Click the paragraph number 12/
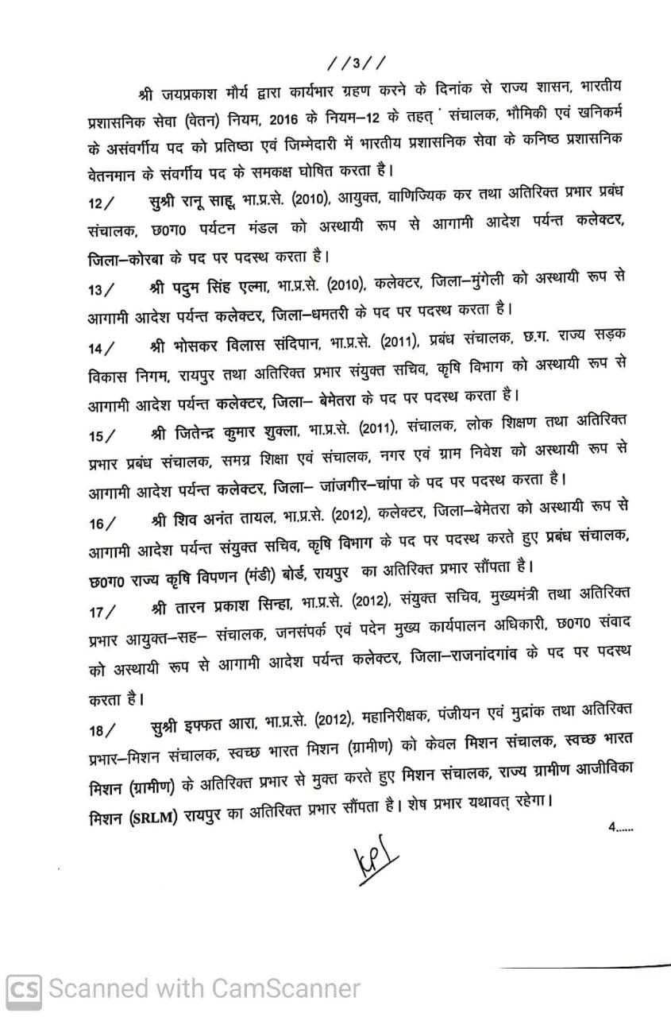point(102,205)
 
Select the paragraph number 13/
point(101,288)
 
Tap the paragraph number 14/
point(101,349)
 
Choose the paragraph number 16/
point(101,522)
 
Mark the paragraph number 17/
point(101,609)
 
